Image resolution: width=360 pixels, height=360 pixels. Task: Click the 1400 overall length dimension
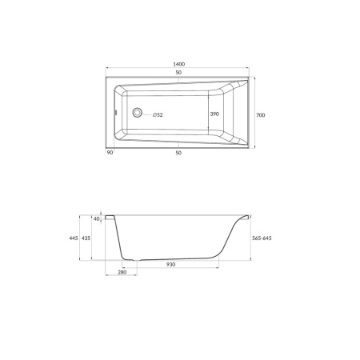tap(178, 64)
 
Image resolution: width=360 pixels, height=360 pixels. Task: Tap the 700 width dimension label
tap(261, 115)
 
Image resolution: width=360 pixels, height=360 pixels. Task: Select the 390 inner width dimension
tap(214, 114)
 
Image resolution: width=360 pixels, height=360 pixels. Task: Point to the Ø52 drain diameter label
tap(158, 115)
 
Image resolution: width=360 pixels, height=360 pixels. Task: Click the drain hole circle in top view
tap(138, 113)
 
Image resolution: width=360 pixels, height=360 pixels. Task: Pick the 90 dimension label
tap(110, 153)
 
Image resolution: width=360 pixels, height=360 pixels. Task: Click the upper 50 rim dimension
tap(178, 72)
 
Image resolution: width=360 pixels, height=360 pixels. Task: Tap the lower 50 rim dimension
tap(178, 153)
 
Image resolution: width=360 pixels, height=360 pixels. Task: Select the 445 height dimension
tap(74, 238)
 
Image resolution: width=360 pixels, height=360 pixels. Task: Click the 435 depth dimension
tap(86, 238)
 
